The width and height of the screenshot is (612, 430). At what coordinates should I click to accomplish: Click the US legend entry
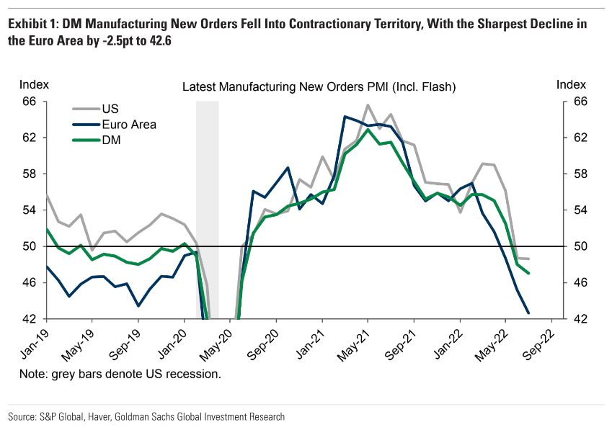[110, 109]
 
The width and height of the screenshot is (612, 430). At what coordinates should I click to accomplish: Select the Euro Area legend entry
[128, 125]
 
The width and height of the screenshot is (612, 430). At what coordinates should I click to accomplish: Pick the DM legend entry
[111, 140]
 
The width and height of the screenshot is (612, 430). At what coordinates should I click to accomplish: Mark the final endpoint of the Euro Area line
[528, 313]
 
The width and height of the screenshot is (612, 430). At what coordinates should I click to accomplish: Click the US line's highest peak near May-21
[368, 105]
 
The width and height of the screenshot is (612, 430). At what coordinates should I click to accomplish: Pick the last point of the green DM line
[529, 273]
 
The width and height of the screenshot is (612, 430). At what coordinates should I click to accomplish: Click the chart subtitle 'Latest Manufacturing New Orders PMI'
[319, 87]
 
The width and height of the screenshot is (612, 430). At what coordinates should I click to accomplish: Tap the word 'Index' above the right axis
[572, 85]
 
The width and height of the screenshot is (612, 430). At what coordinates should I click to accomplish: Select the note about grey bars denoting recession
[120, 375]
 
